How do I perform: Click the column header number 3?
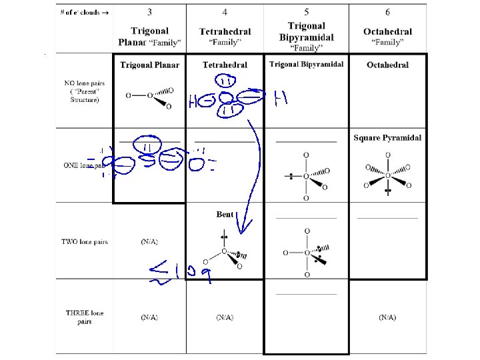point(149,11)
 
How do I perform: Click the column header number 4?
point(224,11)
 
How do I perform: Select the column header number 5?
point(306,11)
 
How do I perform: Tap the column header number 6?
point(387,11)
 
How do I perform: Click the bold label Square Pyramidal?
point(387,138)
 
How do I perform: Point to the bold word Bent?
point(225,215)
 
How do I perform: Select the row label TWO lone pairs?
point(85,242)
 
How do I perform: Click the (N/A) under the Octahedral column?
point(387,317)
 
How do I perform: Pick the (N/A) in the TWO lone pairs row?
point(149,242)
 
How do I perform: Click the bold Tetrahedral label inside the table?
point(225,65)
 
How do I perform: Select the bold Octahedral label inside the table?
point(387,65)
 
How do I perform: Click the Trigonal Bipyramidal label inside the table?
point(306,64)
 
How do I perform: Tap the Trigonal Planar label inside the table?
point(149,65)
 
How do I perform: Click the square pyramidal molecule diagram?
point(387,177)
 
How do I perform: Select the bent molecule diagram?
point(227,253)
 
